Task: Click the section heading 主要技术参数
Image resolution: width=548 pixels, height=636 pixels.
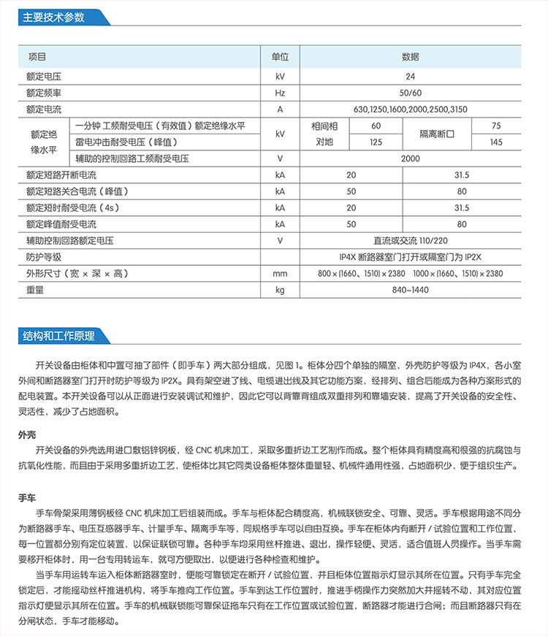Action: click(x=50, y=17)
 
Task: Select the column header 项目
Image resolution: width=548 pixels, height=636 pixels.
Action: click(x=37, y=56)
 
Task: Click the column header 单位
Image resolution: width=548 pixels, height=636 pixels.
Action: click(x=280, y=56)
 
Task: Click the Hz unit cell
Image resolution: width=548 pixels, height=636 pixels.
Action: click(x=280, y=93)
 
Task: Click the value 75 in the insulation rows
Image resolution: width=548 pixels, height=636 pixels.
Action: click(x=496, y=126)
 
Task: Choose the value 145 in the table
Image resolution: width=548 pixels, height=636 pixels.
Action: click(x=496, y=142)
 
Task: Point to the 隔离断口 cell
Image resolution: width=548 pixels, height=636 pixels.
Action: click(x=437, y=134)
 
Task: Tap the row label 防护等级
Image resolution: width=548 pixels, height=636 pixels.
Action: click(x=43, y=257)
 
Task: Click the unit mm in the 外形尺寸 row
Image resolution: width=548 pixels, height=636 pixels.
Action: click(x=280, y=273)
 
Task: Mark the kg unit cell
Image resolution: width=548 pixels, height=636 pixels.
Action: click(x=280, y=290)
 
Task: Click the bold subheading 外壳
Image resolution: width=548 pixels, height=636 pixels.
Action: click(x=27, y=434)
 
